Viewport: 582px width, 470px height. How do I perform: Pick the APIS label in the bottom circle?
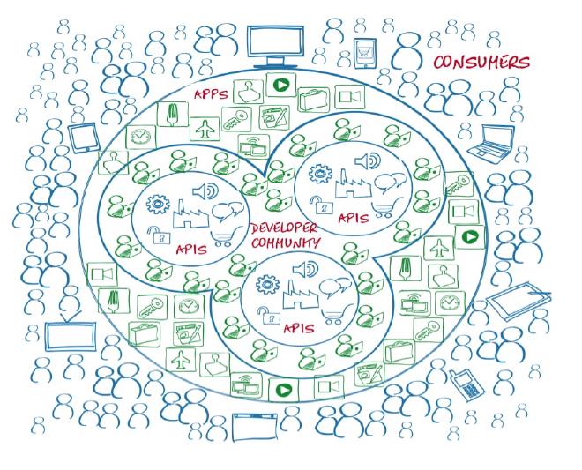tap(300, 327)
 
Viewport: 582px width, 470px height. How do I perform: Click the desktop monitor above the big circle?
tap(274, 45)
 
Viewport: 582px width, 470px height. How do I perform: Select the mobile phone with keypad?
tap(460, 384)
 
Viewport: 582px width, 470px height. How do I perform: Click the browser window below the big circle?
tap(257, 428)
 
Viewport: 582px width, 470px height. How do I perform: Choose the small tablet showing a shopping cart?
tap(365, 54)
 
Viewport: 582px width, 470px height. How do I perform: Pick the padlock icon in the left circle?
tap(158, 235)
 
